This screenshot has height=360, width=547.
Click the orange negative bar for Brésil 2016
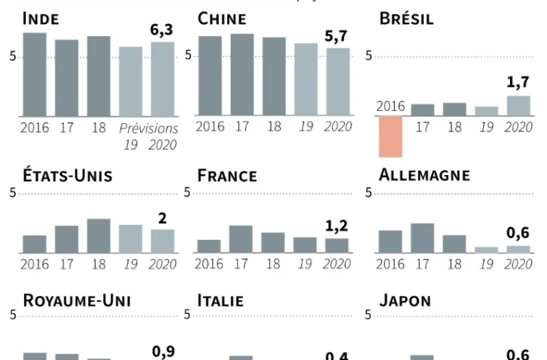(391, 137)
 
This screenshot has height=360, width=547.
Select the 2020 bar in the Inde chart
(162, 78)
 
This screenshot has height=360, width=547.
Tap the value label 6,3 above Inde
(162, 30)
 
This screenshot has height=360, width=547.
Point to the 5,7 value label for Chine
(338, 36)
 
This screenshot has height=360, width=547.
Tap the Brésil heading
(406, 20)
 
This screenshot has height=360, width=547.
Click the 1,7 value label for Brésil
(518, 83)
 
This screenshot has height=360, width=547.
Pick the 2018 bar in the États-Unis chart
(98, 235)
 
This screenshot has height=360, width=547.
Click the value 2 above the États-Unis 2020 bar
(162, 218)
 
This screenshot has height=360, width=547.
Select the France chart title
(226, 177)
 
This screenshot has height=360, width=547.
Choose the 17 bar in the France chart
(241, 238)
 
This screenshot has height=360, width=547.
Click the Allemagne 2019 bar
(486, 249)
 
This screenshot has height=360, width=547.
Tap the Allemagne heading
(424, 176)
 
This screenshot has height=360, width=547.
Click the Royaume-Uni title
(77, 300)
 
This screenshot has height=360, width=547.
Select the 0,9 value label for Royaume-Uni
(162, 351)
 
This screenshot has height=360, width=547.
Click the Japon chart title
(404, 300)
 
